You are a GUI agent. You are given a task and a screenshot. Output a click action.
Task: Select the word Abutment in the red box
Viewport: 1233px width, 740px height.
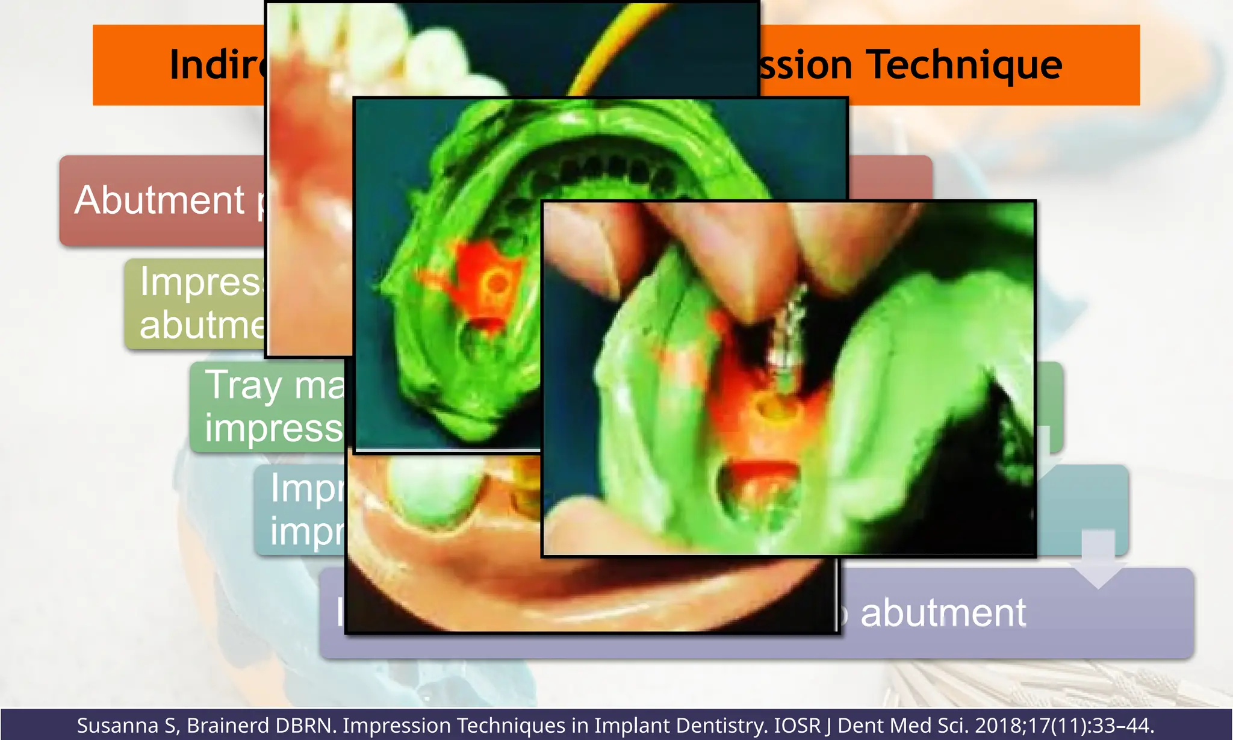point(160,200)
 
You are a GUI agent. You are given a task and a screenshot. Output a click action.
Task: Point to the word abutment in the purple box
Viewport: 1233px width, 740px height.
point(943,613)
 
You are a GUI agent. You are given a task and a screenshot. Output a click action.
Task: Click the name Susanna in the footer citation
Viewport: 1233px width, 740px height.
point(121,726)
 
